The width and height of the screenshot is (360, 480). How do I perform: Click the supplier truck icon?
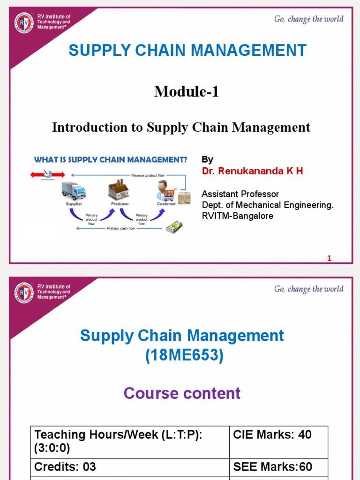74,191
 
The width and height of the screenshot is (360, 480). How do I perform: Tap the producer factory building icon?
119,190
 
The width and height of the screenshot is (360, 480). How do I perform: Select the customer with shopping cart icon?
165,191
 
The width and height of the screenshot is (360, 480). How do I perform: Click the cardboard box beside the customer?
185,198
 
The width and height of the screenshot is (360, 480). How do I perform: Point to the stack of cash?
174,227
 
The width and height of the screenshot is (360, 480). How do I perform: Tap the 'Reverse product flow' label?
144,175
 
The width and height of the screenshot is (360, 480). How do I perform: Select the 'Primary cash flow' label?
121,228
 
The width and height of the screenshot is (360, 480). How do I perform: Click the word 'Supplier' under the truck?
74,204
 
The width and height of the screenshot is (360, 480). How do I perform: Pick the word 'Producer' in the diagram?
120,204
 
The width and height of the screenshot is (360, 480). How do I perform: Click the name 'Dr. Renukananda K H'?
252,171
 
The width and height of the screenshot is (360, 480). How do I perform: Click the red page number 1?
329,258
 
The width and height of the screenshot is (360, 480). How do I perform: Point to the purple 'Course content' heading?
182,393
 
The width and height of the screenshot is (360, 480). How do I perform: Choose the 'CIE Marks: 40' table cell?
272,435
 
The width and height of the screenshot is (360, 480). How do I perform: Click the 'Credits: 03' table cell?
66,467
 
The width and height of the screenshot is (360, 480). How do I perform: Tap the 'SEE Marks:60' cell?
272,467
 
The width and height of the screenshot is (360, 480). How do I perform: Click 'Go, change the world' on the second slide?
308,289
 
